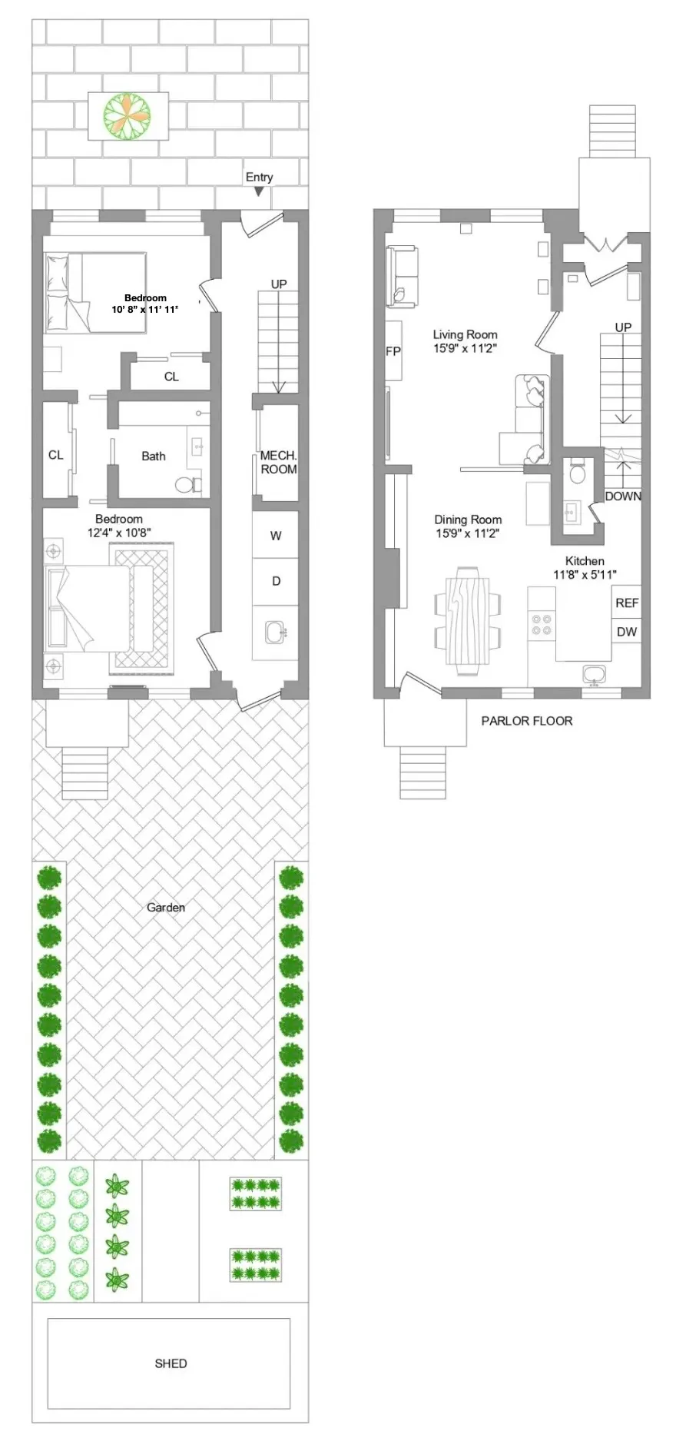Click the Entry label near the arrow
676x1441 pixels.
[259, 177]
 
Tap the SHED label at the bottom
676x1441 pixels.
[171, 1363]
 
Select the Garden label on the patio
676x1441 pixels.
[166, 907]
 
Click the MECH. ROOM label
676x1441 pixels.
[278, 462]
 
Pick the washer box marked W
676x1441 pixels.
[275, 536]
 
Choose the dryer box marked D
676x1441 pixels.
[275, 581]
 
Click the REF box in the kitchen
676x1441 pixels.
[626, 603]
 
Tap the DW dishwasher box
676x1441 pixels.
[626, 632]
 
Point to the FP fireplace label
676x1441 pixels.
[393, 351]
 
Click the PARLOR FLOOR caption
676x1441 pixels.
[526, 721]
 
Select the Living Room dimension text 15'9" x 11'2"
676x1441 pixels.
[465, 347]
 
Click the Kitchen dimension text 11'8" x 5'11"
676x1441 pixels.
[585, 574]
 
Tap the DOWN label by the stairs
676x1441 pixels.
[622, 496]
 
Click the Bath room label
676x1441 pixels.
[153, 456]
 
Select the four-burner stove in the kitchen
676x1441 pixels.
[542, 623]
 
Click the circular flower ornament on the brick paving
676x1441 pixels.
[128, 116]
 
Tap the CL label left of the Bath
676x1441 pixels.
[55, 455]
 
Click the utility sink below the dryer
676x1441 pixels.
[275, 633]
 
